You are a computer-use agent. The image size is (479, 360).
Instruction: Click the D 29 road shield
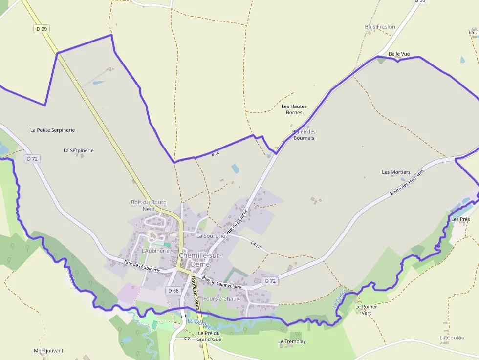click(42, 29)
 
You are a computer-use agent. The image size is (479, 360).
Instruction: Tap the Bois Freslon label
click(380, 27)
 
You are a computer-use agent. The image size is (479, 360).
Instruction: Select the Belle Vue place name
click(399, 54)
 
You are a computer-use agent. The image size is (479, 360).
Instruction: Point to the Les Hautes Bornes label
click(294, 109)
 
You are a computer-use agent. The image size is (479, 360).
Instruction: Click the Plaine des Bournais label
click(304, 135)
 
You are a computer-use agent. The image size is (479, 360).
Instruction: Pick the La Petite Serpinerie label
click(52, 130)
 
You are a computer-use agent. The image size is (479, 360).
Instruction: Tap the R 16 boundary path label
click(216, 154)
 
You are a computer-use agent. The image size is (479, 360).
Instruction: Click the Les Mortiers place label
click(396, 172)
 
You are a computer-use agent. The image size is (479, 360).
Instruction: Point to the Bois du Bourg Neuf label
click(149, 206)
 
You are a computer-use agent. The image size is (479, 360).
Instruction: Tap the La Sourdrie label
click(211, 235)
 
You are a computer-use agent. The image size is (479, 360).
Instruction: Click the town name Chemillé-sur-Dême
click(200, 260)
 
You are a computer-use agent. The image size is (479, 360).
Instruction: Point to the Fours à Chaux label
click(221, 299)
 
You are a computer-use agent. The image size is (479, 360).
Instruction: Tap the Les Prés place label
click(460, 219)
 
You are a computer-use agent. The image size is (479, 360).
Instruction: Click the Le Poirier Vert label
click(366, 310)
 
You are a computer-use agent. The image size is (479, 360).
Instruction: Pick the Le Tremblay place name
click(292, 341)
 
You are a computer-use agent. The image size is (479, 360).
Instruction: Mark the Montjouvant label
click(48, 351)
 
